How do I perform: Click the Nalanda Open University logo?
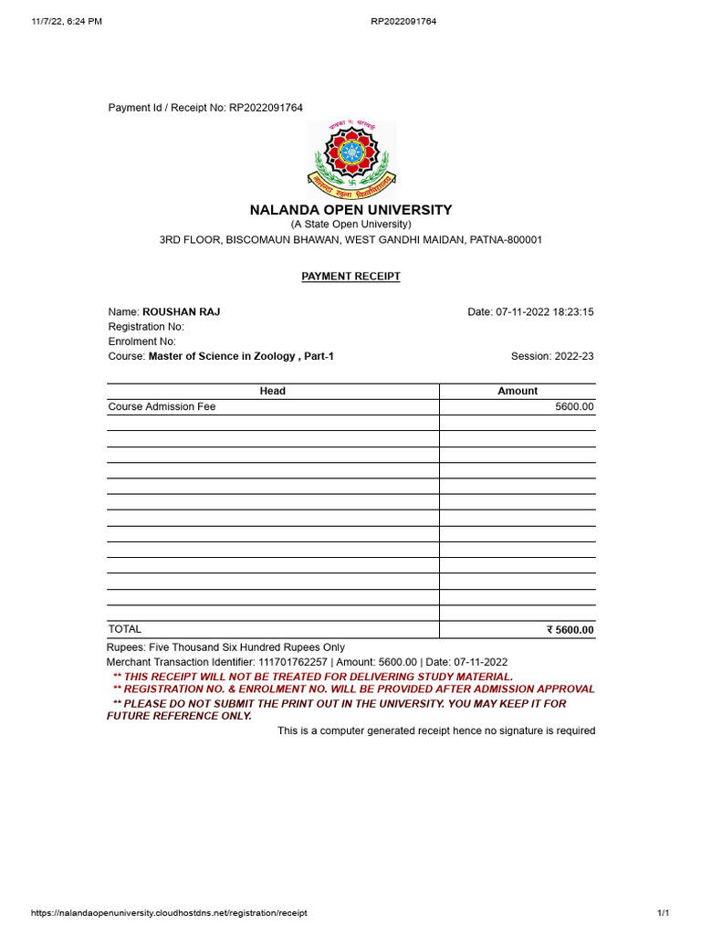[x=350, y=160]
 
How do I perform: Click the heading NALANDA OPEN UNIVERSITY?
[x=350, y=210]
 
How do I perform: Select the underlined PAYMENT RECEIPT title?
[x=350, y=276]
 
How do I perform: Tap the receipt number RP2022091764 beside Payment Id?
[x=266, y=108]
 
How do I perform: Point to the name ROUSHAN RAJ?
[x=181, y=312]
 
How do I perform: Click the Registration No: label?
[x=146, y=327]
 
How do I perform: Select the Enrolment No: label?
[x=141, y=341]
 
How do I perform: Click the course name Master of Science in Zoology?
[x=234, y=356]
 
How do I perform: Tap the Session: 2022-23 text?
[x=552, y=356]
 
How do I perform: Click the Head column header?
[x=272, y=391]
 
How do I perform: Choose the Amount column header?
[x=518, y=391]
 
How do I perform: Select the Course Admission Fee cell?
[x=162, y=406]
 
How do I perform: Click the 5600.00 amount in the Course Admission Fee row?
[x=574, y=406]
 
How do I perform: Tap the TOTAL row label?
[x=125, y=629]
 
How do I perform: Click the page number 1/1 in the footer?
[x=664, y=913]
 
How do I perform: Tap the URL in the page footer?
[x=169, y=913]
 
